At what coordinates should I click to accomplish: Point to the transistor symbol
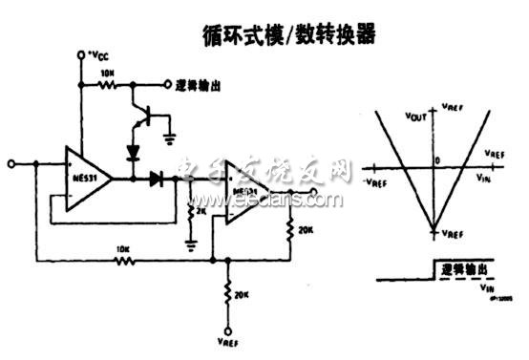[x=144, y=113]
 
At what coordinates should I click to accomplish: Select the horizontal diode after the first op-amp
[x=155, y=178]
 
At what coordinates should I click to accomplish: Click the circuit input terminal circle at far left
[x=12, y=164]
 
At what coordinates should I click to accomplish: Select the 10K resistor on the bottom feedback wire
[x=122, y=257]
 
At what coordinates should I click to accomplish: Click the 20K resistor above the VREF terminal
[x=228, y=294]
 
